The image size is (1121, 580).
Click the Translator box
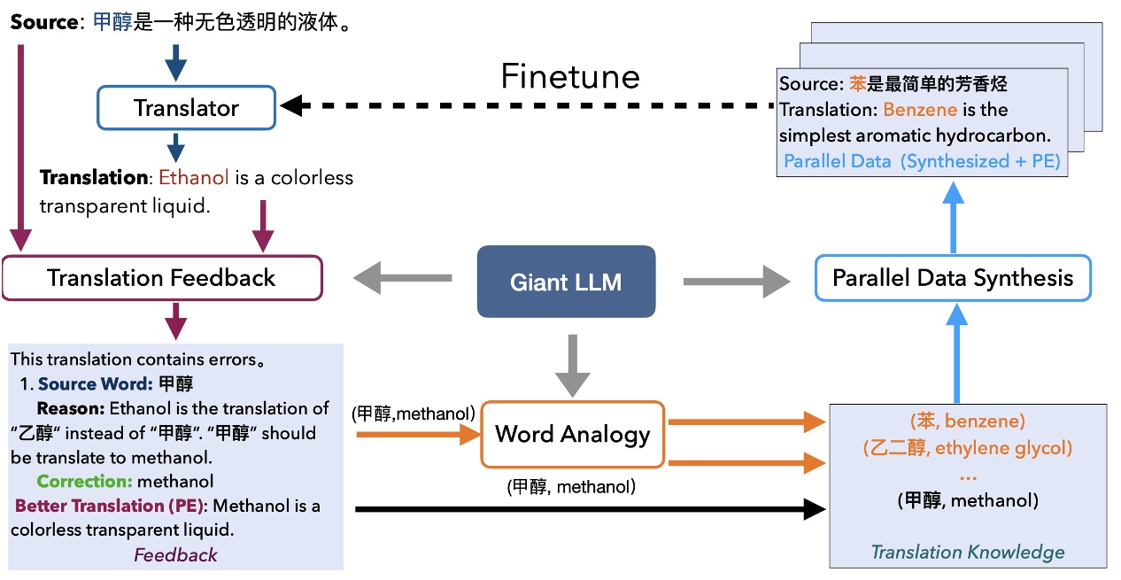(x=186, y=109)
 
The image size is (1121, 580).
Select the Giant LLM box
(x=566, y=282)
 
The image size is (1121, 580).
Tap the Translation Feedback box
(x=161, y=278)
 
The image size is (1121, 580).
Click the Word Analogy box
(x=572, y=434)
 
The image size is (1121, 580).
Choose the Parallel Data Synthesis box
(x=952, y=278)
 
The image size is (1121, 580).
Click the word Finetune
(x=569, y=77)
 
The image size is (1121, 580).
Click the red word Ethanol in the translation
(x=194, y=178)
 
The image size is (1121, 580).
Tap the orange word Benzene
(x=920, y=110)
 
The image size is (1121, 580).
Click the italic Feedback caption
(x=175, y=555)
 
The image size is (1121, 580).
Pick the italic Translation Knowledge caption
(x=967, y=553)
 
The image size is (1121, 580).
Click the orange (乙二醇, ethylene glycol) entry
(x=967, y=448)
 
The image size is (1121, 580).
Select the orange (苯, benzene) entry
(x=967, y=421)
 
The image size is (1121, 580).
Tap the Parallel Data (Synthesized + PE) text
(x=921, y=161)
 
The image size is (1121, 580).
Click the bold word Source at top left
(x=43, y=22)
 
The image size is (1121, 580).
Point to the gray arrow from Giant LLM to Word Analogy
(x=572, y=363)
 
